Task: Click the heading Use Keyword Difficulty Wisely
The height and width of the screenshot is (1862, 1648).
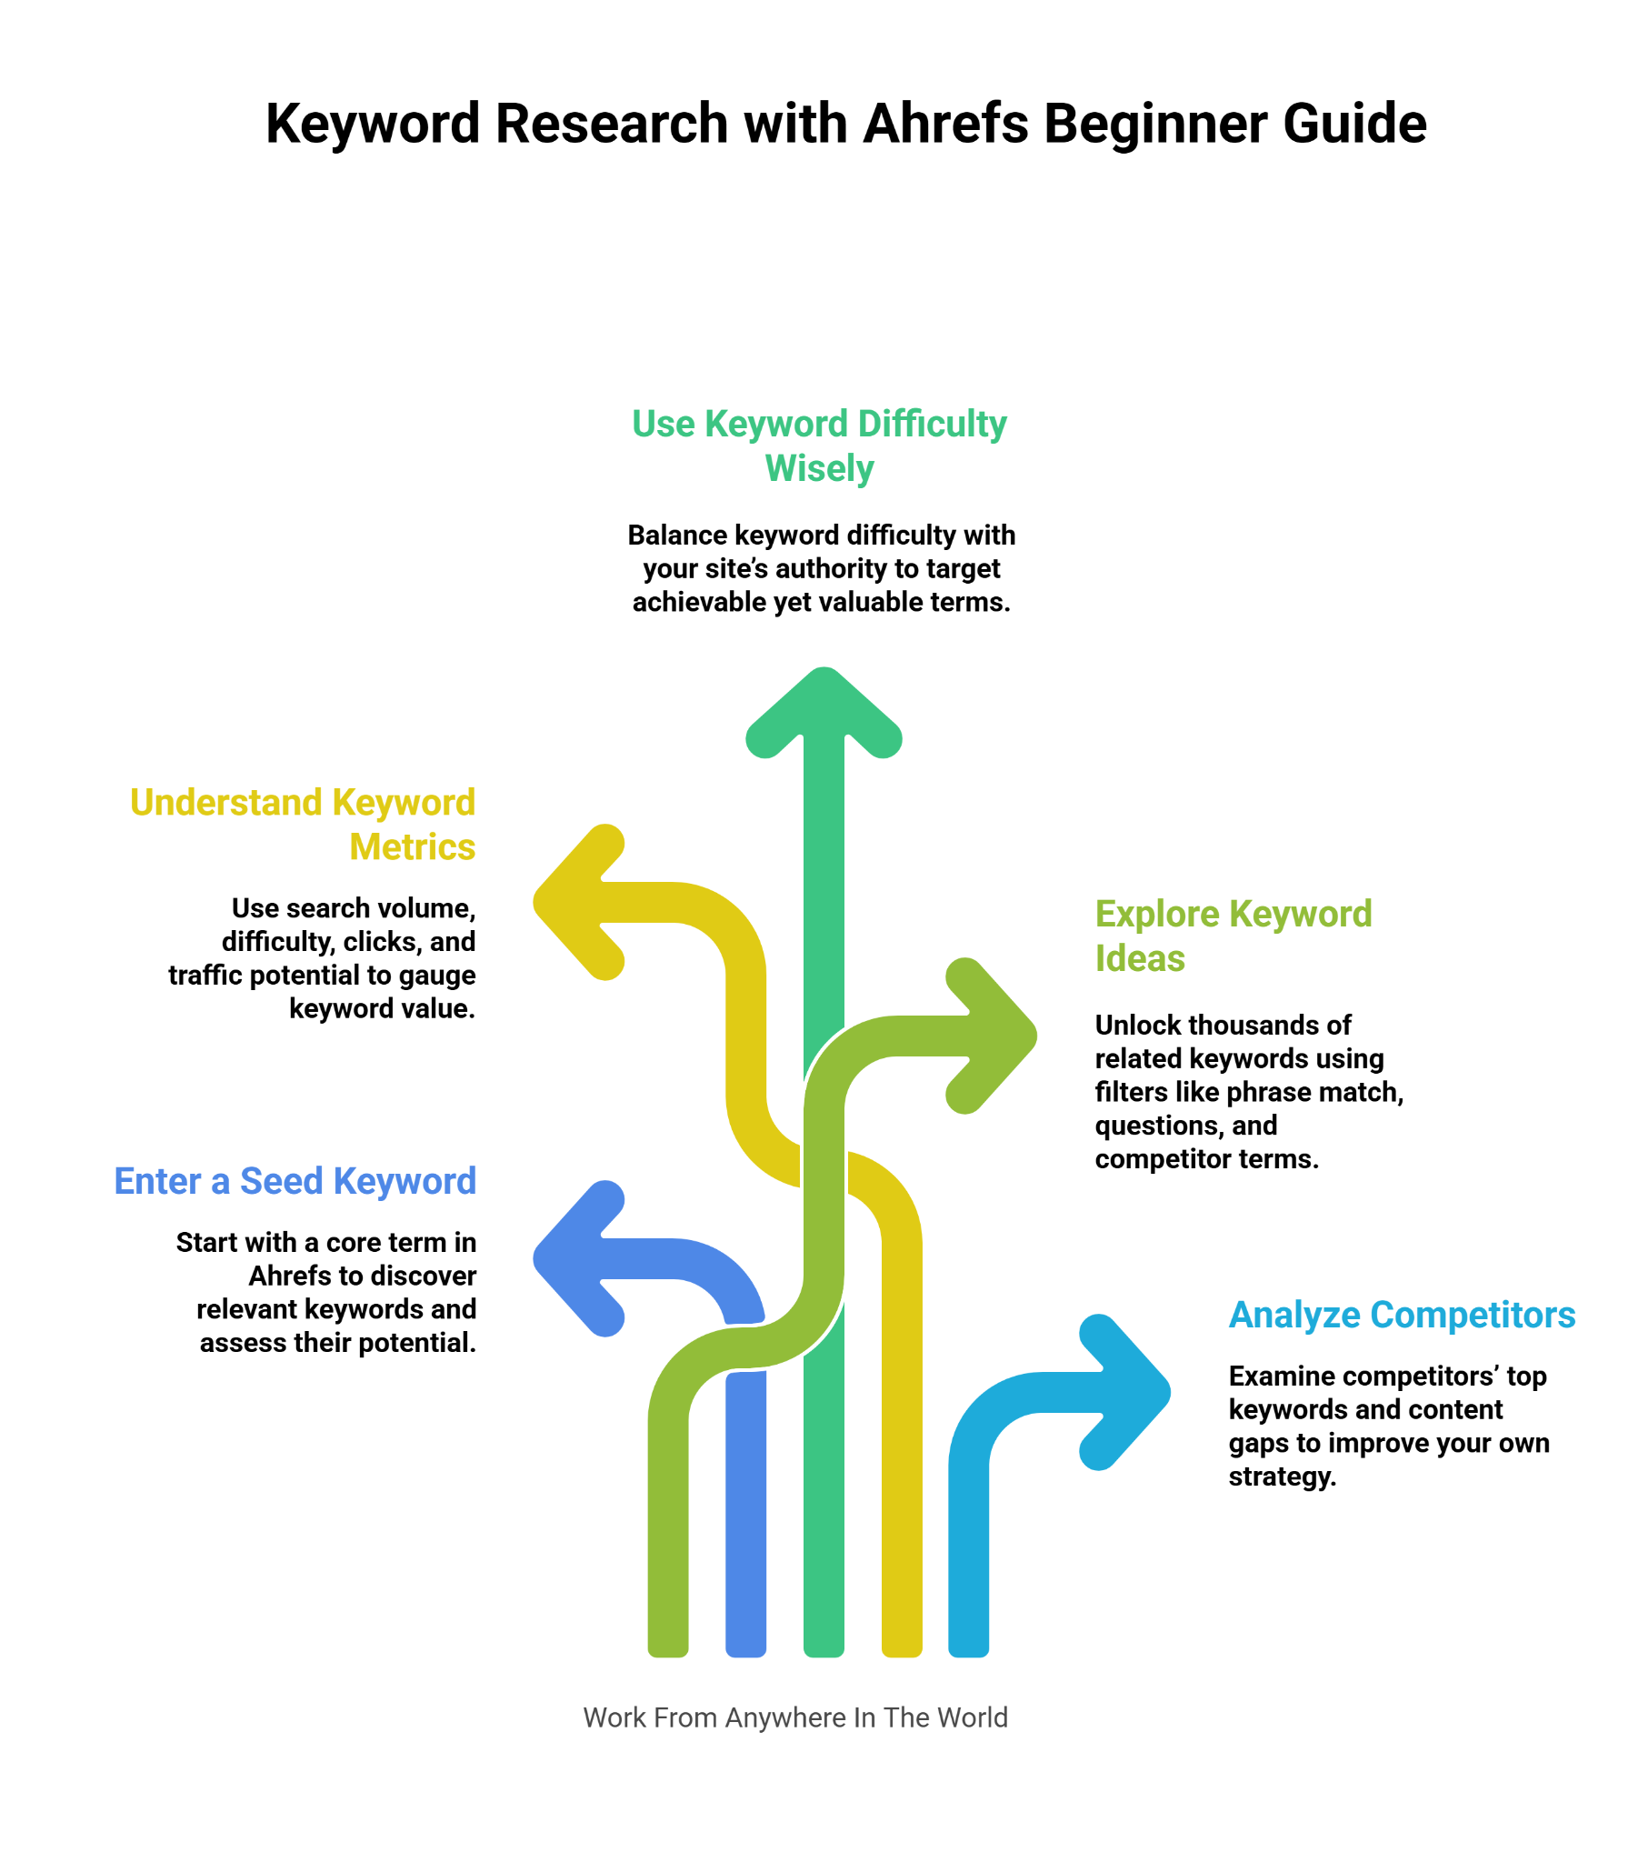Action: [819, 445]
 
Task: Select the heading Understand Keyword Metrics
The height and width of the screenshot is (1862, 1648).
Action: [303, 825]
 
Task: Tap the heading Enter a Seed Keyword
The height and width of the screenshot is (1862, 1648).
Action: [295, 1181]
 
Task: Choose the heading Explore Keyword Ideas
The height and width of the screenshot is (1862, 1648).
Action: [1233, 936]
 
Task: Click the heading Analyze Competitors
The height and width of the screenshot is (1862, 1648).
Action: [1401, 1315]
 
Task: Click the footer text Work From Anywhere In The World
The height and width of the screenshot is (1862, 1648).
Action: [795, 1717]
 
